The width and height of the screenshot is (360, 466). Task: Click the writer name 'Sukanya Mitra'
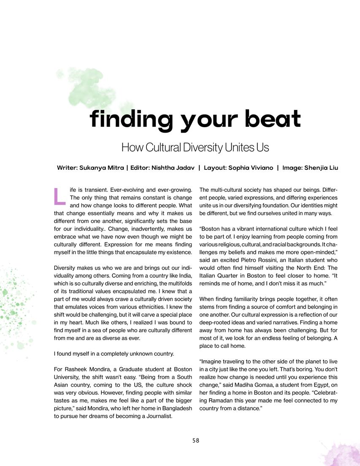[x=101, y=168]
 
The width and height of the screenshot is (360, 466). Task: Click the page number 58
[x=195, y=440]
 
